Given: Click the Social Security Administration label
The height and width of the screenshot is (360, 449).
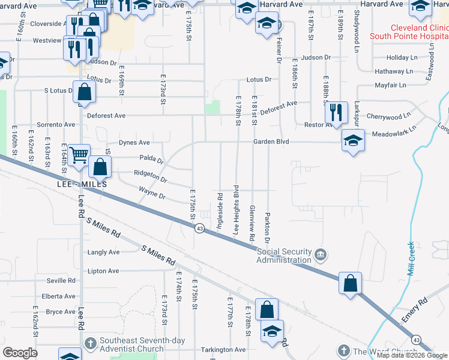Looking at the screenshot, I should click(284, 256).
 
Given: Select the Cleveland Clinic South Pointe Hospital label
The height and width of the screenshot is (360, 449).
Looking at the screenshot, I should click(418, 32).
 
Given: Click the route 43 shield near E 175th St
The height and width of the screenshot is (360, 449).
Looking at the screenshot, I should click(199, 229).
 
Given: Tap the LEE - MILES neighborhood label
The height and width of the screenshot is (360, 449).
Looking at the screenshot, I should click(82, 184).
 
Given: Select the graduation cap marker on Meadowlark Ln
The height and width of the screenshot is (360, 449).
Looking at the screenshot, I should click(352, 141).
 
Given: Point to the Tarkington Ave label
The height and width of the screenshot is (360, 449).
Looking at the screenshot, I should click(223, 350).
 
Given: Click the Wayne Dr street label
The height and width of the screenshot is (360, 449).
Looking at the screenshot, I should click(152, 193).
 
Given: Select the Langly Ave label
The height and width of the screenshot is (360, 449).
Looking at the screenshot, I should click(103, 253).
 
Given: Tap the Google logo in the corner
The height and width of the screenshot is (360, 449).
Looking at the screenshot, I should click(20, 353).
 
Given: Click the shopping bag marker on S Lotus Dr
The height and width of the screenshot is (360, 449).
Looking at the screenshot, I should click(85, 93).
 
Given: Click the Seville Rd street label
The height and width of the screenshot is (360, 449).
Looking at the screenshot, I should click(62, 281).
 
